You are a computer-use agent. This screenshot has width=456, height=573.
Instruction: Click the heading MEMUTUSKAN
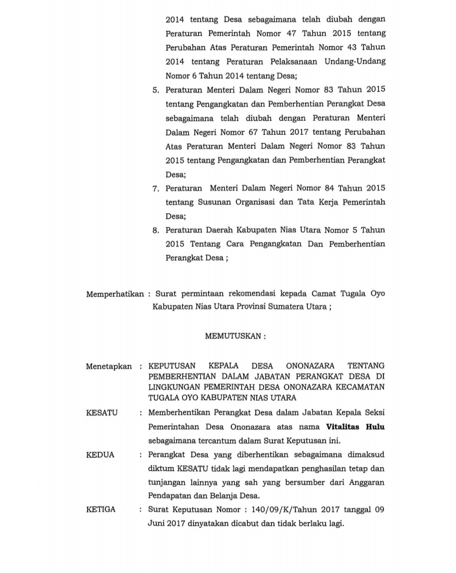point(233,336)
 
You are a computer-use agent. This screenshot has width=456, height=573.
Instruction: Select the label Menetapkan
point(108,366)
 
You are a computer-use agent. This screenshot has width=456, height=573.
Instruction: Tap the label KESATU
point(102,413)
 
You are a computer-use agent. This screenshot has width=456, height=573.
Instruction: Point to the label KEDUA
point(100,455)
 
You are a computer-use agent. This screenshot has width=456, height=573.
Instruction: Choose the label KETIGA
point(101,510)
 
